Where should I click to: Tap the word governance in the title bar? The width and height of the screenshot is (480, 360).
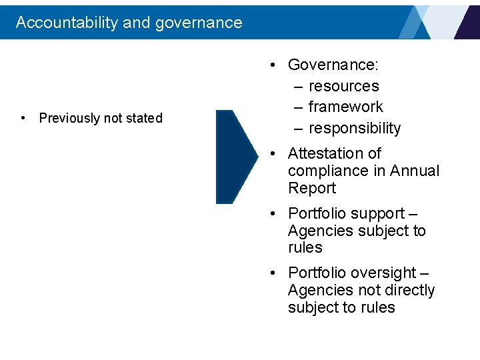[199, 23]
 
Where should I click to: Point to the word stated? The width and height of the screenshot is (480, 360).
[144, 118]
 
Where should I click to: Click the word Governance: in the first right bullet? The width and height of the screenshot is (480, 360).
[333, 65]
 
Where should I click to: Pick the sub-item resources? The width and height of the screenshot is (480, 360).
[343, 86]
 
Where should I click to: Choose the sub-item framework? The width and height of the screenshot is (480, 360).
[345, 107]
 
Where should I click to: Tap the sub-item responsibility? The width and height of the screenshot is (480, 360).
[355, 128]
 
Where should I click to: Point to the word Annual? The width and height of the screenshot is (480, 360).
[415, 171]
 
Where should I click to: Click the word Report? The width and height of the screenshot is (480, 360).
[312, 188]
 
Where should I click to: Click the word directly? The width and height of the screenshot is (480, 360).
[407, 290]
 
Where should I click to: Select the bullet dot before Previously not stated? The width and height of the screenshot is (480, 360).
[24, 118]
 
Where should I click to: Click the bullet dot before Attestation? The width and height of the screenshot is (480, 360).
[273, 153]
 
